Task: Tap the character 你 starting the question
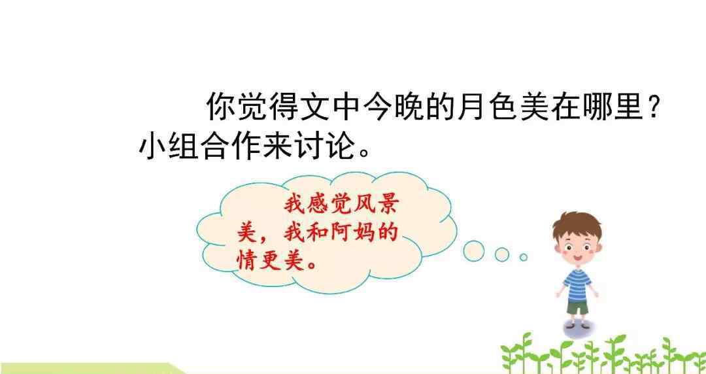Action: click(x=220, y=107)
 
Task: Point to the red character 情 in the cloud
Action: click(x=248, y=260)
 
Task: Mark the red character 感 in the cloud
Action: click(x=318, y=207)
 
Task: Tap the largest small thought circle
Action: click(x=474, y=250)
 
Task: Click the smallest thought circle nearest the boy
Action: click(x=523, y=258)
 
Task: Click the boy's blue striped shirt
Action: click(x=577, y=284)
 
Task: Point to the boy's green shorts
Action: click(x=577, y=308)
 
